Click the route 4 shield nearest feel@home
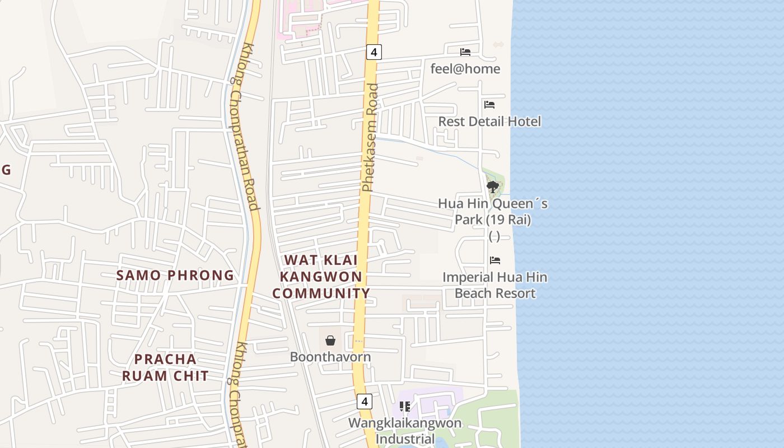click(374, 52)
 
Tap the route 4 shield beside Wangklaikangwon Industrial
click(365, 401)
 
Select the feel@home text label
click(465, 69)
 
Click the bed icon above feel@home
click(465, 52)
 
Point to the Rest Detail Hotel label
click(489, 122)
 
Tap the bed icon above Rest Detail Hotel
click(489, 105)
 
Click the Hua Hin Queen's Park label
click(493, 211)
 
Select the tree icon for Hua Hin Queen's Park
click(493, 186)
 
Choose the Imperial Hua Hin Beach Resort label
click(495, 285)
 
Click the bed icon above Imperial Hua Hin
click(495, 260)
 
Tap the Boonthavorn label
click(330, 357)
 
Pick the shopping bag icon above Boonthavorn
click(330, 340)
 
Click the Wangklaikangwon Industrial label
click(405, 430)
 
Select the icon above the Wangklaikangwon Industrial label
click(405, 406)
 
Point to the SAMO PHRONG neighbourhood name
click(175, 276)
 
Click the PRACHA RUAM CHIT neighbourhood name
click(165, 367)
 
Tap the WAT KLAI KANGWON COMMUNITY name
click(321, 277)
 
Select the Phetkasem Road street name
click(370, 137)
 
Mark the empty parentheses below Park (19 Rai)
click(494, 236)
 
